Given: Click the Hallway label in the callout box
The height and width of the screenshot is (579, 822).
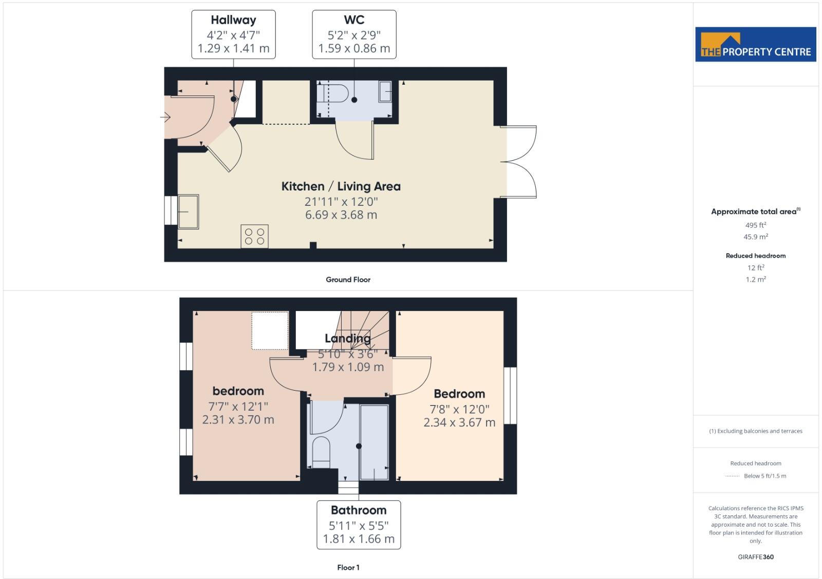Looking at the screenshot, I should (x=233, y=20).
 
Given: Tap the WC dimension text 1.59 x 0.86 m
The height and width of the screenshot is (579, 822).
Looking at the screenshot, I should (x=354, y=48).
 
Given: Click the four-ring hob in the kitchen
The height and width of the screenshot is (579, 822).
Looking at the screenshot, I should (x=255, y=236).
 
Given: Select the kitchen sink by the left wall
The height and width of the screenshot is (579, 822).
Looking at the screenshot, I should (x=189, y=211).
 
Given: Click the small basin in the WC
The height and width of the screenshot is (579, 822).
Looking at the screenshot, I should (x=385, y=92).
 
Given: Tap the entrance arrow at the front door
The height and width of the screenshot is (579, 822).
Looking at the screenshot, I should (x=165, y=118).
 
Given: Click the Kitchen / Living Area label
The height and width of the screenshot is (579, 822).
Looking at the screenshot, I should (x=341, y=186).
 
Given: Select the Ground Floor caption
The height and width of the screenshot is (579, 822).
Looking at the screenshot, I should (x=348, y=280).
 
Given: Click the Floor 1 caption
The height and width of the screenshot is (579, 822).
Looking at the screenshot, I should (x=348, y=567).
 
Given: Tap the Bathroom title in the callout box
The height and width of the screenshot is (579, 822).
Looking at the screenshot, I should (x=359, y=510).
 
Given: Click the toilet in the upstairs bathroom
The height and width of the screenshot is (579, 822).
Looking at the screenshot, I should (x=321, y=452).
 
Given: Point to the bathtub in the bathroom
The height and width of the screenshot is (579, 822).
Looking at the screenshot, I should (x=374, y=442).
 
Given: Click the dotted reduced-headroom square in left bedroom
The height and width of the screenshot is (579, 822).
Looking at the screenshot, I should (x=270, y=331).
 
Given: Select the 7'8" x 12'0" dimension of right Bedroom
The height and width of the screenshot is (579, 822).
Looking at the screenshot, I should (x=459, y=409).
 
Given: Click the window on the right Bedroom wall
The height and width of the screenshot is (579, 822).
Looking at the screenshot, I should (x=510, y=395).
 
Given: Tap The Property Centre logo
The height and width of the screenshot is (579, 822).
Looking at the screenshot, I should (x=755, y=45).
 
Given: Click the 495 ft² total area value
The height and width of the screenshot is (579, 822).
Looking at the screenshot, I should (x=755, y=225).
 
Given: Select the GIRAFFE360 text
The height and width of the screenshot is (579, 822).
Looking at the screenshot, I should (x=755, y=557).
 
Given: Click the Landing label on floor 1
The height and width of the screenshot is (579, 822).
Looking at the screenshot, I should (x=347, y=338).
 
